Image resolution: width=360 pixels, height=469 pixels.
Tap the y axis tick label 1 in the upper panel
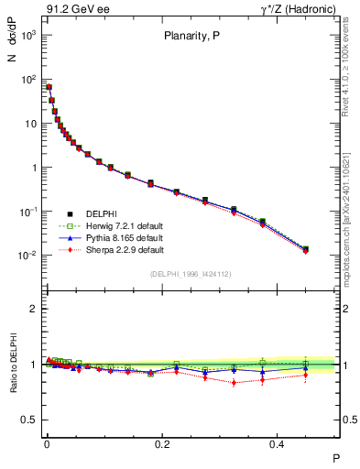click(x=34, y=168)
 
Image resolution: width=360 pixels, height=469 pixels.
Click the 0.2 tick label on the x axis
click(x=163, y=442)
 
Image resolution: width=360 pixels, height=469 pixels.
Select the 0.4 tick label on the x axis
click(x=280, y=442)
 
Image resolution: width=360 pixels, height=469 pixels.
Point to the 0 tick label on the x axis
click(x=47, y=442)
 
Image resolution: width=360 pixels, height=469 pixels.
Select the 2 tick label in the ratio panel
click(x=34, y=309)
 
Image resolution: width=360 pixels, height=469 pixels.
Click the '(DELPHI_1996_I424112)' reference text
click(x=191, y=273)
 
